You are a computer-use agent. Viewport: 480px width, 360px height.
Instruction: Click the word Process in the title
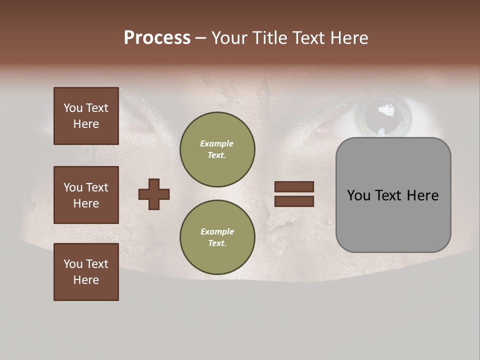(157, 38)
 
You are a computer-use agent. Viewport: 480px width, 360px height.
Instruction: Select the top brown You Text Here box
(86, 116)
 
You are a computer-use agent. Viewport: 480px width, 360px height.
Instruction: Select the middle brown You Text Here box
(86, 195)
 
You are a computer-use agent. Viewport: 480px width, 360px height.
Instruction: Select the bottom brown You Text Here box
(86, 271)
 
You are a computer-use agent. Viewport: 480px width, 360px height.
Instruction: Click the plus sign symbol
(154, 194)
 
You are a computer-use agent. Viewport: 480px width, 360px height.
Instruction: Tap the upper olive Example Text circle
(217, 149)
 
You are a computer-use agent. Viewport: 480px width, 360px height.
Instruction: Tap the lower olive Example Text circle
(217, 237)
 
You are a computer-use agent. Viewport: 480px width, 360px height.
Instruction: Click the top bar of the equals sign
(294, 187)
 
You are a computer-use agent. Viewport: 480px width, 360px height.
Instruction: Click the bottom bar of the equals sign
(294, 201)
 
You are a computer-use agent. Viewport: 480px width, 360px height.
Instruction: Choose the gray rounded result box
(393, 195)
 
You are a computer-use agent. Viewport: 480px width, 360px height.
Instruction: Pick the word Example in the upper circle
(216, 143)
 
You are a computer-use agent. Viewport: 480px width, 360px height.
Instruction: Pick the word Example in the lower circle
(217, 231)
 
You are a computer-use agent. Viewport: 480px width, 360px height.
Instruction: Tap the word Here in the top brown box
(86, 124)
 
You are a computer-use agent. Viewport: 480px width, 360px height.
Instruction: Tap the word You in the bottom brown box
(73, 264)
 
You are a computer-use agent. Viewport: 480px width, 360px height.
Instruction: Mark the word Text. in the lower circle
(217, 243)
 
